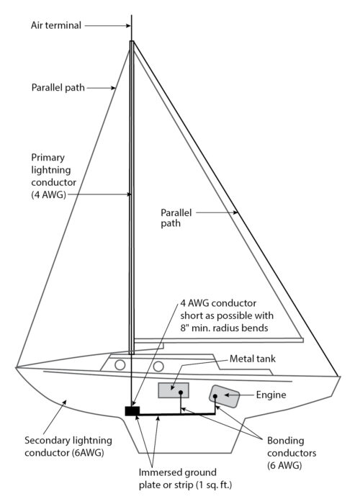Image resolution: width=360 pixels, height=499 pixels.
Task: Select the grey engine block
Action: click(225, 395)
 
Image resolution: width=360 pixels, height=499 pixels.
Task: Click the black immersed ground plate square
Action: click(132, 411)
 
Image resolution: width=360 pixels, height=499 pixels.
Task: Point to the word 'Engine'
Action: click(272, 395)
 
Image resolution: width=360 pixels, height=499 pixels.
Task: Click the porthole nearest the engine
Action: click(158, 366)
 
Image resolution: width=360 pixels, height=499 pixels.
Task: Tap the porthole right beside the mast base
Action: click(120, 365)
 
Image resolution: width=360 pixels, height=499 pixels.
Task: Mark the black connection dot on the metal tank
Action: click(180, 393)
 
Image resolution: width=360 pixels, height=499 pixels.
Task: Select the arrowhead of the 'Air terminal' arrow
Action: click(127, 25)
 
